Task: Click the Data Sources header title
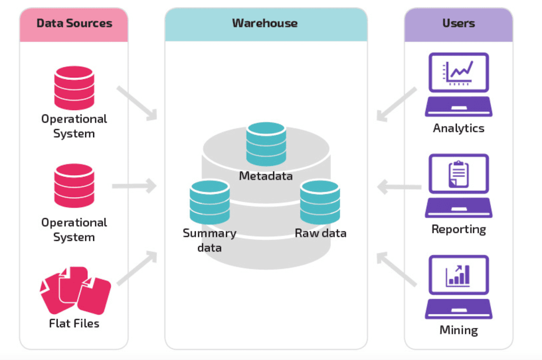point(74,23)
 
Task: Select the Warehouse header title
point(265,23)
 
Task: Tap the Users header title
point(458,23)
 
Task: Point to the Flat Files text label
point(74,323)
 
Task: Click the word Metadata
point(266,176)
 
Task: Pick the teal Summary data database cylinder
point(210,202)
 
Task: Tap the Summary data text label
point(210,240)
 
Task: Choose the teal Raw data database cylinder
point(320,202)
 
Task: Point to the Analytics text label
point(458,128)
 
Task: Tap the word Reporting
point(458,229)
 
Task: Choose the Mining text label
point(458,330)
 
